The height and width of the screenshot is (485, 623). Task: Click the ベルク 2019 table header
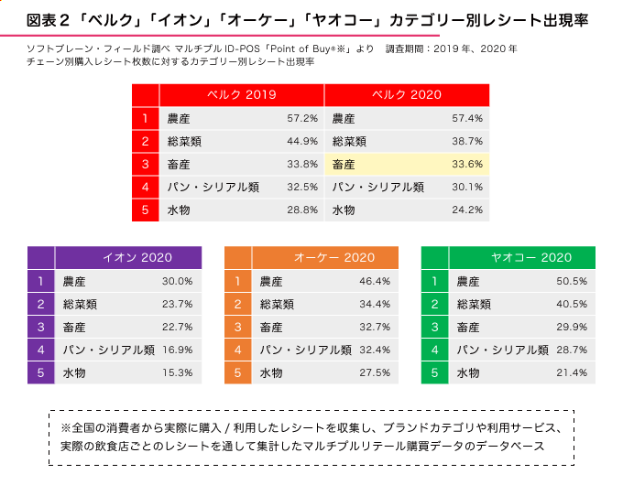click(x=242, y=95)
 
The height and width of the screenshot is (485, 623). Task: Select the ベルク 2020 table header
click(x=407, y=95)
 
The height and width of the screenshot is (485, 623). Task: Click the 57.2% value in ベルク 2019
click(x=301, y=118)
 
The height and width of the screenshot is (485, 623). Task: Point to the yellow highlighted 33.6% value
click(x=466, y=165)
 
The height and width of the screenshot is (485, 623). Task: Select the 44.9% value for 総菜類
click(x=301, y=142)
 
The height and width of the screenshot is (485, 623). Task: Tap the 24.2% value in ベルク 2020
click(x=466, y=210)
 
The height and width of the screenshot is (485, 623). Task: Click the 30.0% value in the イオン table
click(x=177, y=281)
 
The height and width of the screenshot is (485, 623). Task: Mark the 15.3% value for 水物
click(x=177, y=372)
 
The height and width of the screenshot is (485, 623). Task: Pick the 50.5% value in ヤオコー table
click(x=572, y=281)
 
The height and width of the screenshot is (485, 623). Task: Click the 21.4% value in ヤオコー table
click(x=572, y=372)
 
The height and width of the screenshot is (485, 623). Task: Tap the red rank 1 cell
click(x=145, y=118)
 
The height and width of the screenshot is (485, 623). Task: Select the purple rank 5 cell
click(x=40, y=372)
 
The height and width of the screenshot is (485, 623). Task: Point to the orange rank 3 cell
click(x=237, y=327)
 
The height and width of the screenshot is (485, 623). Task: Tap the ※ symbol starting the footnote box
click(x=65, y=427)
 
